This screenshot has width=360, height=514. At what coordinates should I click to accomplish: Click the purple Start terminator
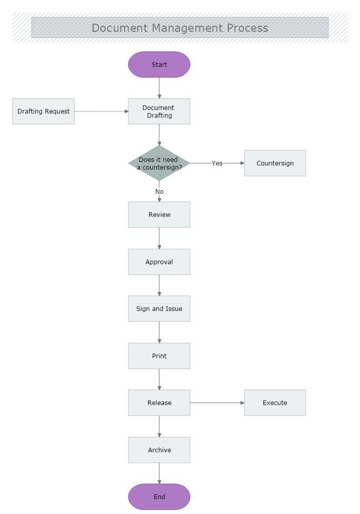pyautogui.click(x=159, y=65)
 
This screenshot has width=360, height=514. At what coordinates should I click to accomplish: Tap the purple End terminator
pyautogui.click(x=159, y=497)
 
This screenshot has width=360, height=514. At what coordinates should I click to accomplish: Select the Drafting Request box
pyautogui.click(x=43, y=112)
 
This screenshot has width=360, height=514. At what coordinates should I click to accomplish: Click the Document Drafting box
pyautogui.click(x=159, y=112)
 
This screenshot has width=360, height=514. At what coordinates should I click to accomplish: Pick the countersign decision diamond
pyautogui.click(x=159, y=163)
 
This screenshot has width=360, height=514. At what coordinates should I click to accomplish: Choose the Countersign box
pyautogui.click(x=275, y=163)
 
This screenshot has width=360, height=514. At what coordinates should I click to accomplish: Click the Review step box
pyautogui.click(x=159, y=215)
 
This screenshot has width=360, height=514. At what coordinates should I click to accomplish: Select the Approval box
pyautogui.click(x=159, y=262)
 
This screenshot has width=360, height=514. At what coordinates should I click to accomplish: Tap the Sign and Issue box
pyautogui.click(x=159, y=309)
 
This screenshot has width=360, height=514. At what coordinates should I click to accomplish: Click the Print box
pyautogui.click(x=159, y=356)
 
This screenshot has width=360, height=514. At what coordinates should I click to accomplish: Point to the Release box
pyautogui.click(x=159, y=403)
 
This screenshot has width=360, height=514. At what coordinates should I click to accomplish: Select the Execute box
pyautogui.click(x=275, y=403)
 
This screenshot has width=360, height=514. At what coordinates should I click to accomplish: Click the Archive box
pyautogui.click(x=159, y=450)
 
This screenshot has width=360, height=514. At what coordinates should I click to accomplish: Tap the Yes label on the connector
pyautogui.click(x=217, y=163)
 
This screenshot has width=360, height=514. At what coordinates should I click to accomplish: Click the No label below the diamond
pyautogui.click(x=159, y=192)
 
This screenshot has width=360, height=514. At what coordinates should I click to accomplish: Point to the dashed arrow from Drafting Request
pyautogui.click(x=101, y=111)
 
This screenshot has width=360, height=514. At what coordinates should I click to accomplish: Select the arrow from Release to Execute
pyautogui.click(x=217, y=403)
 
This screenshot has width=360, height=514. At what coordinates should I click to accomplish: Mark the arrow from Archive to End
pyautogui.click(x=159, y=473)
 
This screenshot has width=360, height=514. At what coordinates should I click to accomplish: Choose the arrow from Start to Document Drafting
pyautogui.click(x=159, y=88)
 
